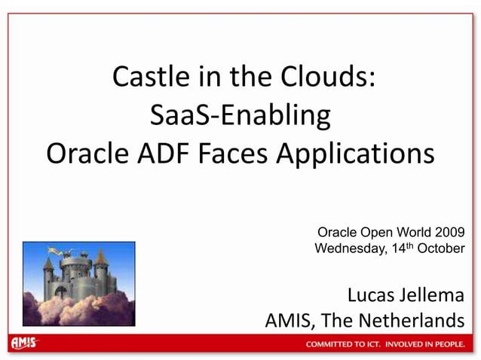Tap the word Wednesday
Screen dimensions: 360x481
pos(348,248)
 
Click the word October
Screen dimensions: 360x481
pos(441,248)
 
